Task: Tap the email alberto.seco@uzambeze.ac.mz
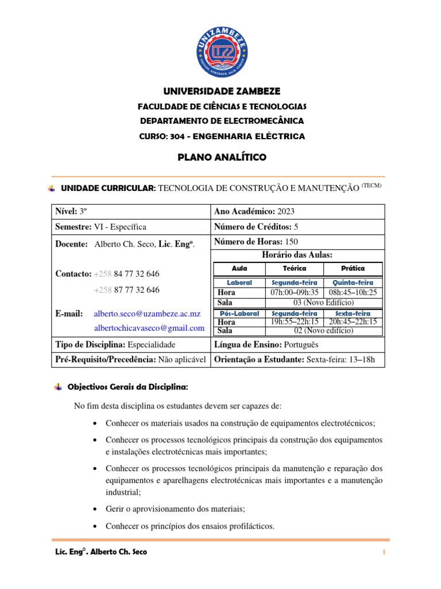click(x=147, y=313)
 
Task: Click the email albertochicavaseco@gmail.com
click(x=149, y=328)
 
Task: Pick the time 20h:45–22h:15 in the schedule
click(x=353, y=322)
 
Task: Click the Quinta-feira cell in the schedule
click(x=353, y=283)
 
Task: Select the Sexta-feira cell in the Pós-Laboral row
click(x=353, y=313)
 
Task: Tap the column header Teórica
click(x=295, y=269)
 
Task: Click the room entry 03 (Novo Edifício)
click(x=324, y=303)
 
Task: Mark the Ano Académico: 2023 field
click(x=254, y=212)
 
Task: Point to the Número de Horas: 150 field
click(x=256, y=242)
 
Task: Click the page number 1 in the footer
click(x=383, y=553)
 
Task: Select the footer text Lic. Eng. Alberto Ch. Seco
click(x=99, y=552)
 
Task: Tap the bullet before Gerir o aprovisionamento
click(x=94, y=510)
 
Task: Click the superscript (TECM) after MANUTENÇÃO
click(x=371, y=185)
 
